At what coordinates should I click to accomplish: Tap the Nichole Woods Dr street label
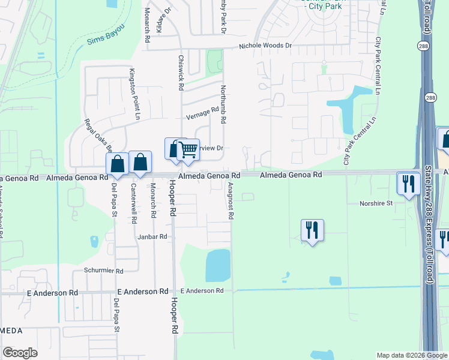pos(265,46)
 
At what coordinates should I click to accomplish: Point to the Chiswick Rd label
pos(181,73)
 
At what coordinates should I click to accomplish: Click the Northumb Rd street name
pos(223,104)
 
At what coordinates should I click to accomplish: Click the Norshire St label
pos(376,203)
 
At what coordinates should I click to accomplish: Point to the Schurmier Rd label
pos(103,271)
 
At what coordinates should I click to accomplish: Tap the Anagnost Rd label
pos(232,202)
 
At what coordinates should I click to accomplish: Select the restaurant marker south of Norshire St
pos(312,230)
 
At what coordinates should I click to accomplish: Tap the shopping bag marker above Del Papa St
pos(118,164)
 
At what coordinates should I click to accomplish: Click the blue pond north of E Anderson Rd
pos(218,265)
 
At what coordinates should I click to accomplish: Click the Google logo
pos(20,353)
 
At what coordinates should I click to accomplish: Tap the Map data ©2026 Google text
pos(411,355)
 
